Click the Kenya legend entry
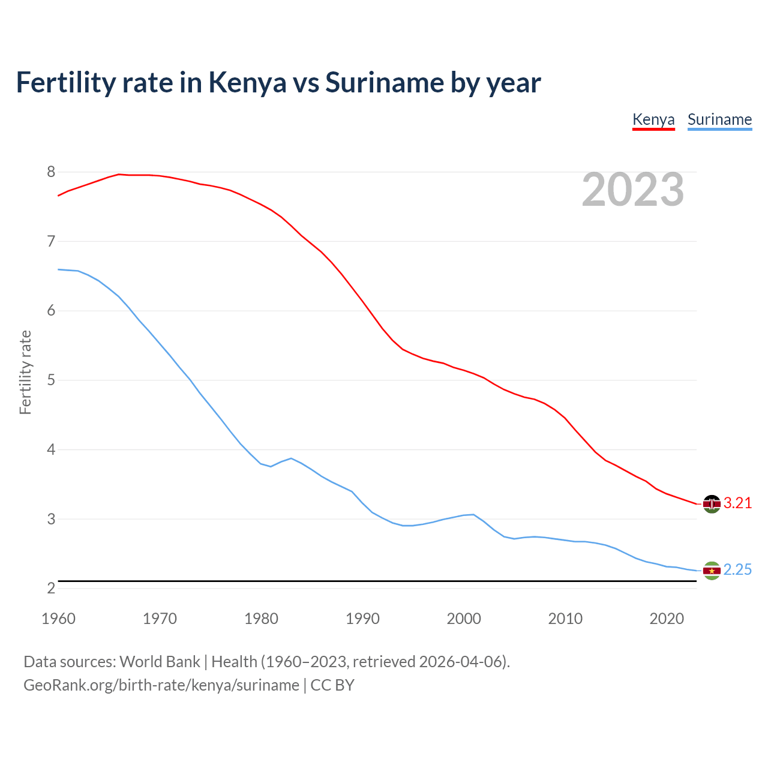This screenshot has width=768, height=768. coord(653,119)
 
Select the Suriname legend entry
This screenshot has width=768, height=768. coord(719,119)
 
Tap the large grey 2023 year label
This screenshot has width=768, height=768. coord(633,190)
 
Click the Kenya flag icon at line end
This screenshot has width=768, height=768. coord(712,504)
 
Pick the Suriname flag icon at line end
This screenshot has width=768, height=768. coord(712,571)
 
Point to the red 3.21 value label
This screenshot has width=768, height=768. coord(737,503)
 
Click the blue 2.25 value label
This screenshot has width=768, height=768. coord(737,570)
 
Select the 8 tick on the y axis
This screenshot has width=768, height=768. coord(51,172)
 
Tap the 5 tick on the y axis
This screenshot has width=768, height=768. coord(51,380)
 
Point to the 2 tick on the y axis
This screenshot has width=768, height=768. coord(51,589)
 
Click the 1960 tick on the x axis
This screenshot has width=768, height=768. coord(58,619)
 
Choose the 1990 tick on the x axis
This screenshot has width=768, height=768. coord(362,619)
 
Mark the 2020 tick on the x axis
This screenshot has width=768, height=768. coord(667,619)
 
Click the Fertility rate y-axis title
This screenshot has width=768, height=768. coord(25,372)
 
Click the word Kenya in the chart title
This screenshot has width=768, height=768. coord(247,83)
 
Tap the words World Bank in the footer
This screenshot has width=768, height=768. coord(160,662)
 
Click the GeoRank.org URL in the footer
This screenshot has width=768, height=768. coord(161,685)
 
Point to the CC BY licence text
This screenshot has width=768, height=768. coord(332,685)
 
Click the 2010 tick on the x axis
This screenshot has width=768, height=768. coord(565,619)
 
